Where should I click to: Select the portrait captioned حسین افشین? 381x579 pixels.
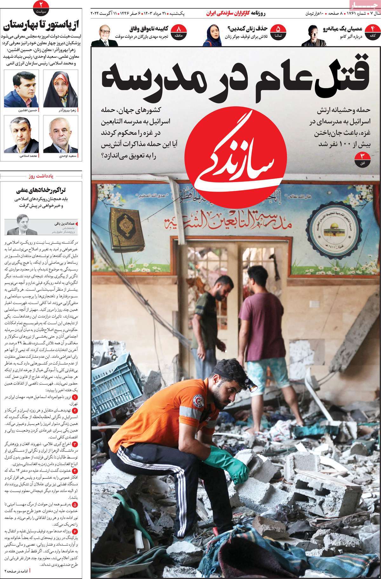coord(21,89)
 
